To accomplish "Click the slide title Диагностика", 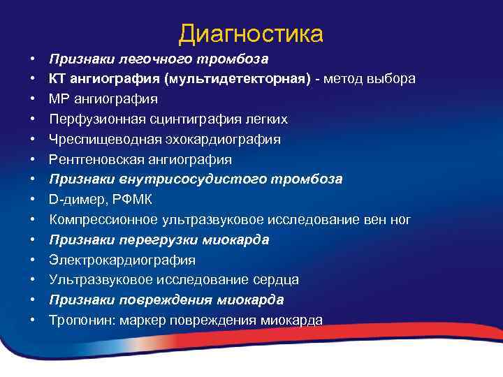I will point(251,34).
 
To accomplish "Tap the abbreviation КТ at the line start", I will point(57,79).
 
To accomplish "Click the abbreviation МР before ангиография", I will point(59,99).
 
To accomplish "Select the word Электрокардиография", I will point(122,260).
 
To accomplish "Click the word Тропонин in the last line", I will point(81,320).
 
